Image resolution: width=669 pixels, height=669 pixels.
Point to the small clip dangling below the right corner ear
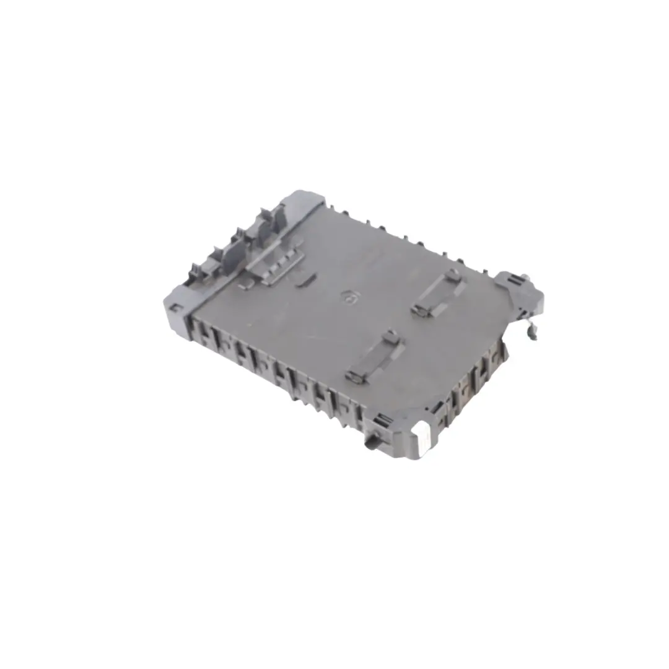point(531,333)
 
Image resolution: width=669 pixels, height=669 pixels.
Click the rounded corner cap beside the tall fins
point(303,201)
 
